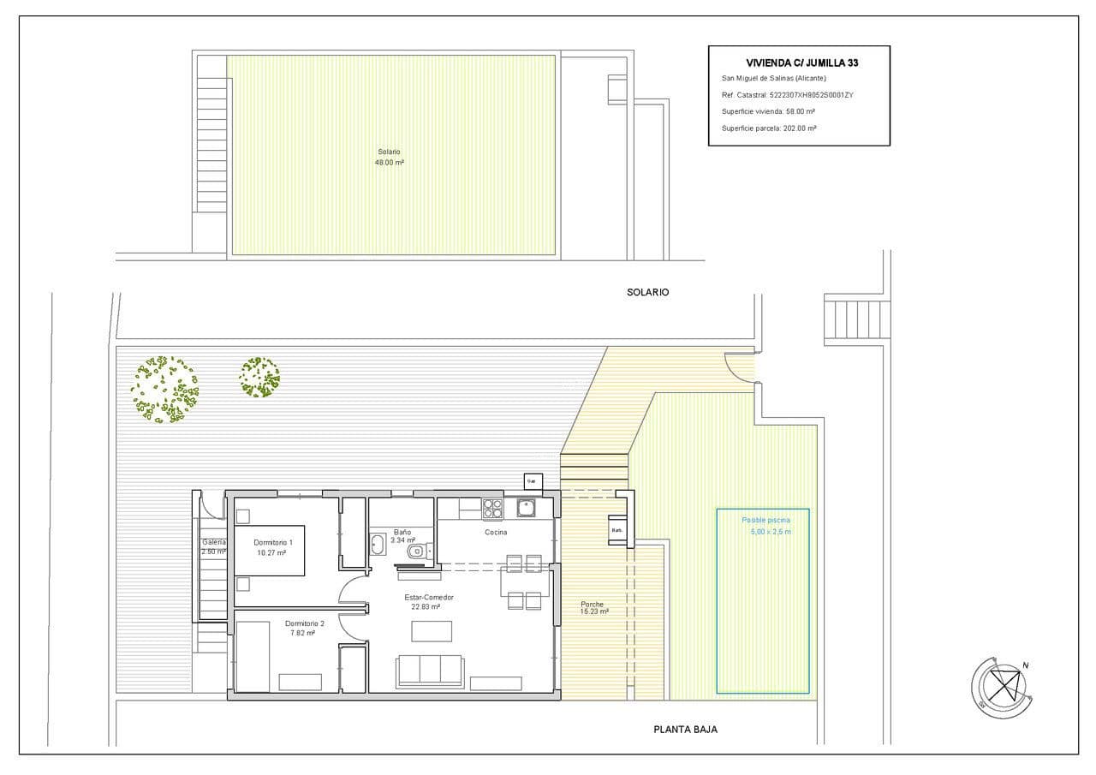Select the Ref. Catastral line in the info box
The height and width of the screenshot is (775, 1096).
click(787, 95)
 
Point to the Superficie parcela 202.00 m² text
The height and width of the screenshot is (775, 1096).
click(768, 128)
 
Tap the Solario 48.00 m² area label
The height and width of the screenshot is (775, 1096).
click(390, 157)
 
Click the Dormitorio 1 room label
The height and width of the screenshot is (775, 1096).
click(273, 547)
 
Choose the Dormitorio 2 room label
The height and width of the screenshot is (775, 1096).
click(304, 629)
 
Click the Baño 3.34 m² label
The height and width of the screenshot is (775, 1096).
click(402, 536)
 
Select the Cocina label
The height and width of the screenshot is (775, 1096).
click(496, 533)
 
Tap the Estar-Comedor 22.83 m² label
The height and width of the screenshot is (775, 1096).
click(428, 602)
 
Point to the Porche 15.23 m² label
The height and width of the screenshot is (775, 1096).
click(593, 608)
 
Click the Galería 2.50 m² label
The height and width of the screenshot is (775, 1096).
click(213, 546)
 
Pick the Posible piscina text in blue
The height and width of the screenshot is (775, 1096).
click(765, 520)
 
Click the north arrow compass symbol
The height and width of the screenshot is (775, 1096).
click(1000, 686)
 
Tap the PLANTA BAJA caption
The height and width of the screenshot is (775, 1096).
click(685, 730)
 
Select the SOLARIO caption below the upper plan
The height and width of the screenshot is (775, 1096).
click(647, 292)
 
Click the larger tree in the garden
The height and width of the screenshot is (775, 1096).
click(164, 390)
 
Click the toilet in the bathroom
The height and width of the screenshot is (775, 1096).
click(416, 551)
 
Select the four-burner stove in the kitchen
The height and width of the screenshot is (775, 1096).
click(492, 509)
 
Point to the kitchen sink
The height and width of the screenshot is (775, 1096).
click(525, 508)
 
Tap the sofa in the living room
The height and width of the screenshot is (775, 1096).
click(430, 670)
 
